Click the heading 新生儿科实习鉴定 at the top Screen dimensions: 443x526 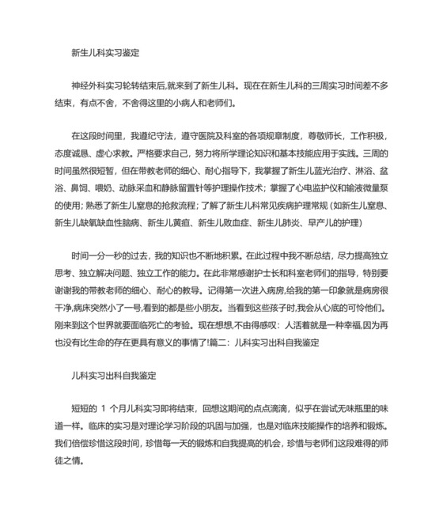105,53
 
